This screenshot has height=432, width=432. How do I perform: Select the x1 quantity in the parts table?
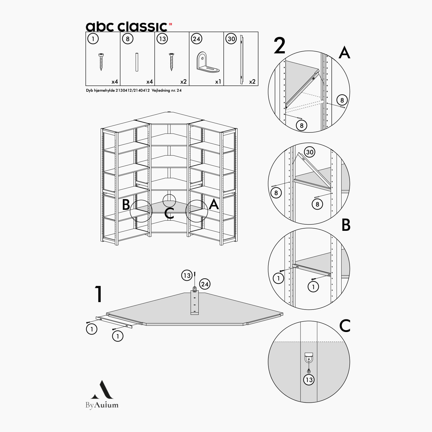point(218,82)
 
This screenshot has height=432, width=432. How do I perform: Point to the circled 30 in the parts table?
point(231,39)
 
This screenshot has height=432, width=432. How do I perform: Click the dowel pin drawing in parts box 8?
point(137,62)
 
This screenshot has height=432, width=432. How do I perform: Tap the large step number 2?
point(280,46)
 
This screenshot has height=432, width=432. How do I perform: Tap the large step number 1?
point(98,294)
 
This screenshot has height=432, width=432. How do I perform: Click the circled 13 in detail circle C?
point(309,380)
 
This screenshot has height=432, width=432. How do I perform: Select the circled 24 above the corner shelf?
point(205,284)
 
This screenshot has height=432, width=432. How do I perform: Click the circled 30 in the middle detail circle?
point(309,152)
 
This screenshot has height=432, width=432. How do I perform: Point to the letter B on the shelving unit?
point(126,205)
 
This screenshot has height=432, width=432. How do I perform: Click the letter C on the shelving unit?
point(169,213)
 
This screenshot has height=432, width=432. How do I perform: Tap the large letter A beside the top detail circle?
point(344,52)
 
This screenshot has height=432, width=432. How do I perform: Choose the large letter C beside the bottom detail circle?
point(345,326)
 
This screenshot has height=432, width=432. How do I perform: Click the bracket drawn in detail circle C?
point(309,358)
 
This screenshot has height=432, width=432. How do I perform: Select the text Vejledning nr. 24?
point(167,90)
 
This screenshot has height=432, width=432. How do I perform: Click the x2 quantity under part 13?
point(183,82)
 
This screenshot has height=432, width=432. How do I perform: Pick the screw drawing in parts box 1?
point(101,62)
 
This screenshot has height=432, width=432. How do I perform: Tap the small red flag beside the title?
point(170,24)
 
